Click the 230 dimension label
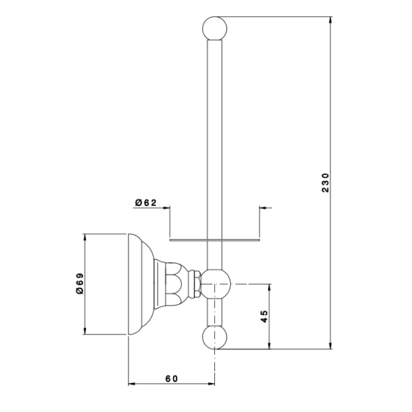click(325, 183)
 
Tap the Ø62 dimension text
click(146, 203)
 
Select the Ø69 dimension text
click(80, 284)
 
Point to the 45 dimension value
click(264, 317)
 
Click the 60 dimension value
click(172, 378)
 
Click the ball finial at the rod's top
click(215, 28)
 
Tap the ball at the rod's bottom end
click(215, 337)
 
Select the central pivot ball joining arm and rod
click(216, 284)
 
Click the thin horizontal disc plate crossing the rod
click(215, 240)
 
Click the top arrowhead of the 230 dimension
click(330, 20)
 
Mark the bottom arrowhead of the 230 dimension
click(330, 346)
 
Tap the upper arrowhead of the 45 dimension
click(269, 288)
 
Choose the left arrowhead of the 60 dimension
click(132, 384)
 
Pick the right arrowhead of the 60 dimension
click(211, 384)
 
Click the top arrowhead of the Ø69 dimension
click(84, 238)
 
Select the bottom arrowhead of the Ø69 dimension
click(84, 331)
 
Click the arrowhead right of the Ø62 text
click(166, 208)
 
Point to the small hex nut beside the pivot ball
click(195, 284)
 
